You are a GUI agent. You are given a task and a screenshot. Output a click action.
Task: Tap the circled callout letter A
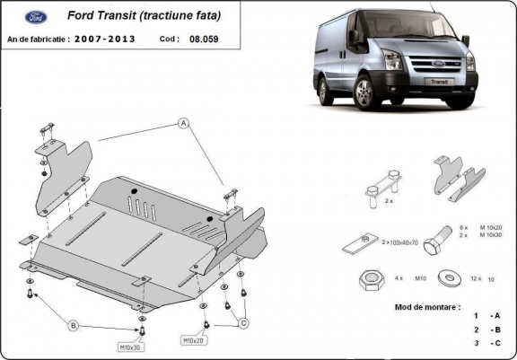pyautogui.click(x=182, y=122)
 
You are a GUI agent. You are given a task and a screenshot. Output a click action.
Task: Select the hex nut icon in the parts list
pyautogui.click(x=366, y=278)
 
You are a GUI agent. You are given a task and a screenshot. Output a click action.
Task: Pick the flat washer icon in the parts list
pyautogui.click(x=446, y=278)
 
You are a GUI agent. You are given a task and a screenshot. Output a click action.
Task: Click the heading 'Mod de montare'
pyautogui.click(x=426, y=306)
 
